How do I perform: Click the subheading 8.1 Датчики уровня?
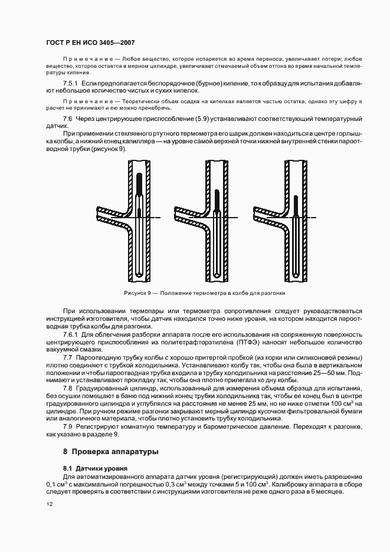pos(89,468)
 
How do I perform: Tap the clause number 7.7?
pos(68,358)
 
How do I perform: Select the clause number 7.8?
pos(68,390)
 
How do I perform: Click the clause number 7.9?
pos(68,426)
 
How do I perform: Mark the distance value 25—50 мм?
pos(326,375)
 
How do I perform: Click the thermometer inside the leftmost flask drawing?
pos(137,224)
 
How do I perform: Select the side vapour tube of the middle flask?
pos(188,212)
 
